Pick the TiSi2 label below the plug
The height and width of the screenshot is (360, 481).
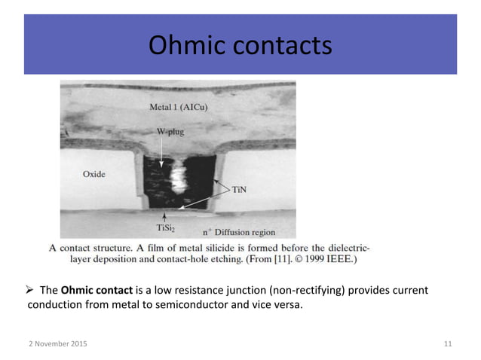pyautogui.click(x=167, y=227)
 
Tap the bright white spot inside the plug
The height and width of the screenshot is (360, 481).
pyautogui.click(x=182, y=179)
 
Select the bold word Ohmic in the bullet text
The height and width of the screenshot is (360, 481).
pyautogui.click(x=78, y=291)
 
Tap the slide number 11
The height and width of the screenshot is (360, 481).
pyautogui.click(x=448, y=344)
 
